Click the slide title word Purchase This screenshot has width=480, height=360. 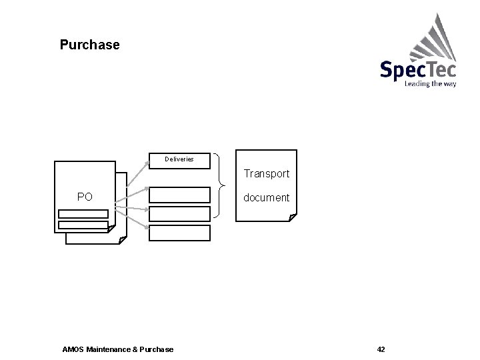click(x=89, y=45)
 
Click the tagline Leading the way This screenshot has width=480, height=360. click(x=430, y=84)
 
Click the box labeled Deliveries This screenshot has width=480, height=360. click(x=179, y=160)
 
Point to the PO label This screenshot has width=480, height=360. click(x=85, y=197)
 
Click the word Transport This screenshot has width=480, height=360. click(x=266, y=174)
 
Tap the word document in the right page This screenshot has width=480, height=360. click(x=266, y=198)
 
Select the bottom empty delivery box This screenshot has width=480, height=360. click(x=179, y=233)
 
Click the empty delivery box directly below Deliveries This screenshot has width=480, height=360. click(x=179, y=195)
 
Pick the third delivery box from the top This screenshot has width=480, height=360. click(x=179, y=213)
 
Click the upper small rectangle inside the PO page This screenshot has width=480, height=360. click(x=83, y=214)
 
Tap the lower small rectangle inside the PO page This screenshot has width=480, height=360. click(x=83, y=224)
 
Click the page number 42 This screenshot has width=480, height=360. click(x=381, y=349)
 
